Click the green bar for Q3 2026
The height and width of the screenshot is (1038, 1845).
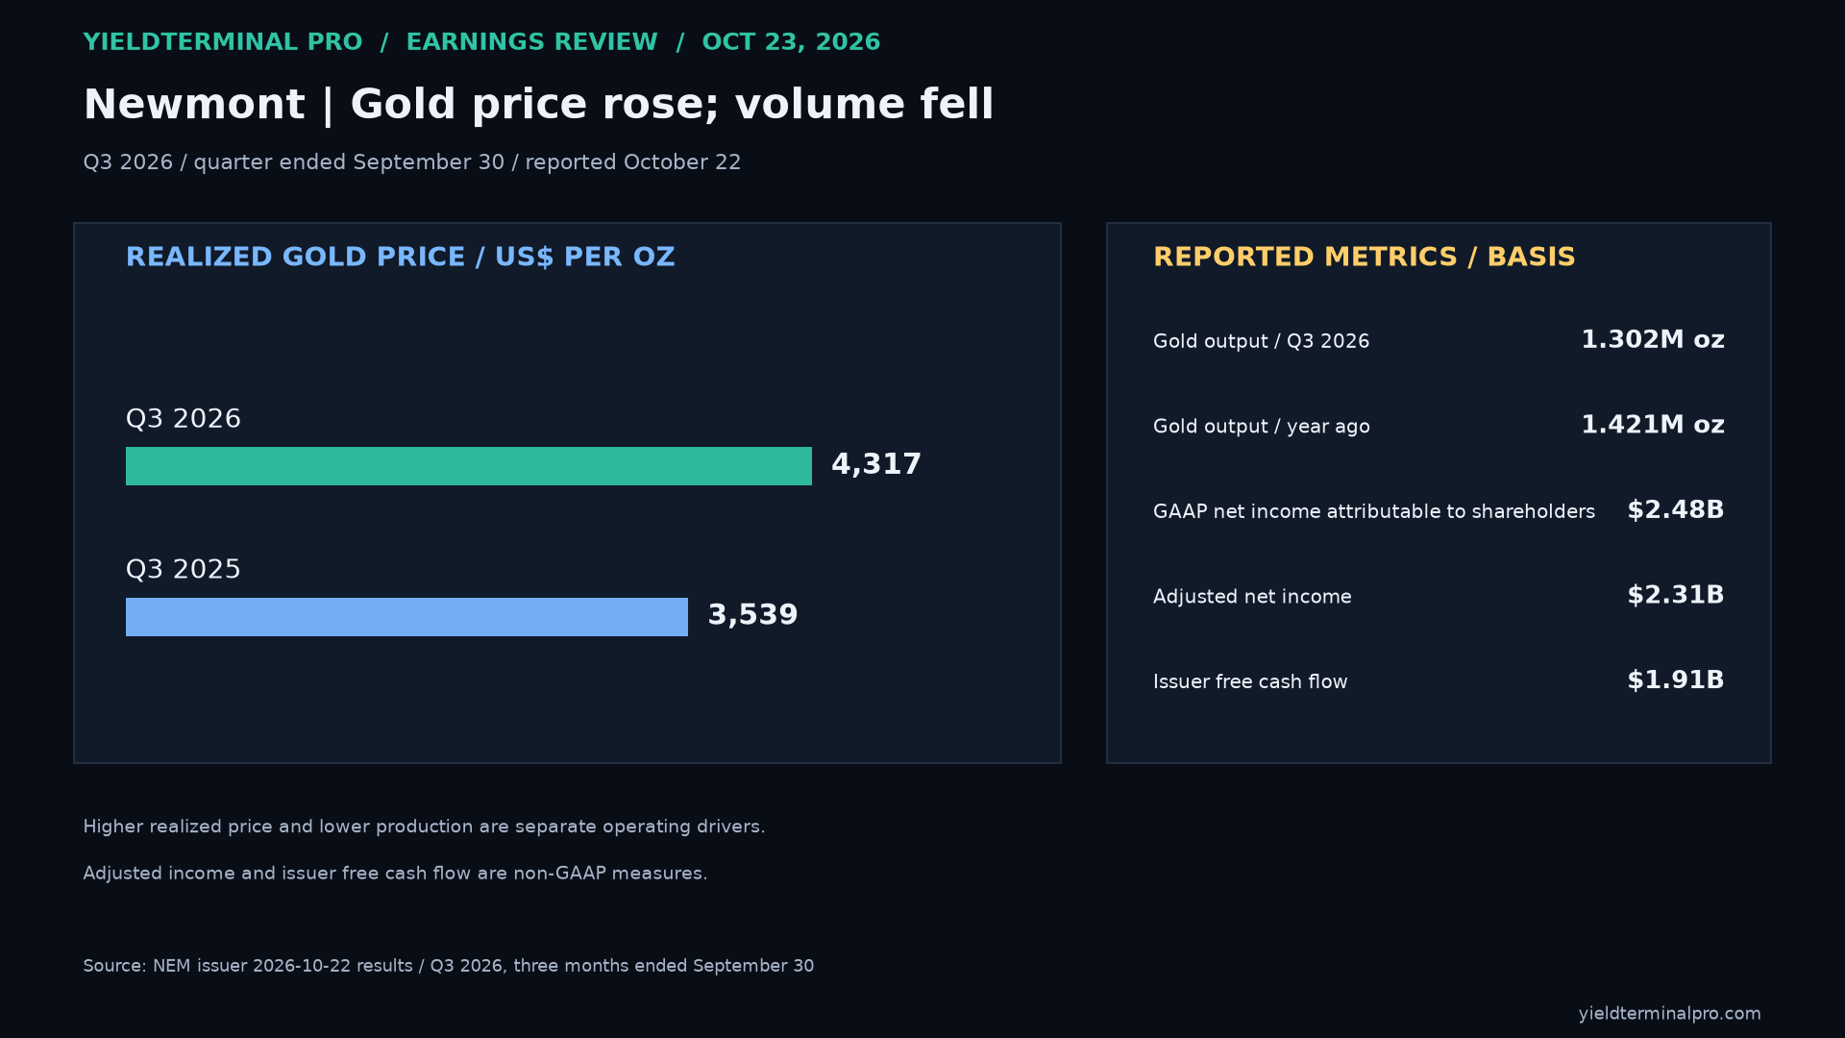469,466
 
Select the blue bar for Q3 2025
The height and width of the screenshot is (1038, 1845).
406,617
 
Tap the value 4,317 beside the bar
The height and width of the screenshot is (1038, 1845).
876,465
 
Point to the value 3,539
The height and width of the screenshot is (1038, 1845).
752,616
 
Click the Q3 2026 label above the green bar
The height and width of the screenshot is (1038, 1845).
184,419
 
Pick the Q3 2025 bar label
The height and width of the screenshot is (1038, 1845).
184,570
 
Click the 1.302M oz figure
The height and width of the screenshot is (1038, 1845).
1653,340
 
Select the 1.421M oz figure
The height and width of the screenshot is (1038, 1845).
1653,425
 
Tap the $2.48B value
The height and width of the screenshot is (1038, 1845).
1676,510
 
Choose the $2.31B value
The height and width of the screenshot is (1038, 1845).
1676,595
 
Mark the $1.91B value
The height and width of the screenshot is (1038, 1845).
1676,680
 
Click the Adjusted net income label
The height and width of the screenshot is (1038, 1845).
1252,597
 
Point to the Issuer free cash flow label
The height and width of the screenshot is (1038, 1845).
1250,681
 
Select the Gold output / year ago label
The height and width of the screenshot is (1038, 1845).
1262,427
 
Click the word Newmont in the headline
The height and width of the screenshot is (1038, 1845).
194,104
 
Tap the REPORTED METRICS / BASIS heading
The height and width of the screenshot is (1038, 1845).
1365,258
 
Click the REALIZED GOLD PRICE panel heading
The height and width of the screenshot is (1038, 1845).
401,258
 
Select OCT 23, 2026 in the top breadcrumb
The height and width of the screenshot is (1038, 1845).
791,42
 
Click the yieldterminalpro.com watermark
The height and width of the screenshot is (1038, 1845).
1670,1014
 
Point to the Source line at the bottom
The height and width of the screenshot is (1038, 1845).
449,966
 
